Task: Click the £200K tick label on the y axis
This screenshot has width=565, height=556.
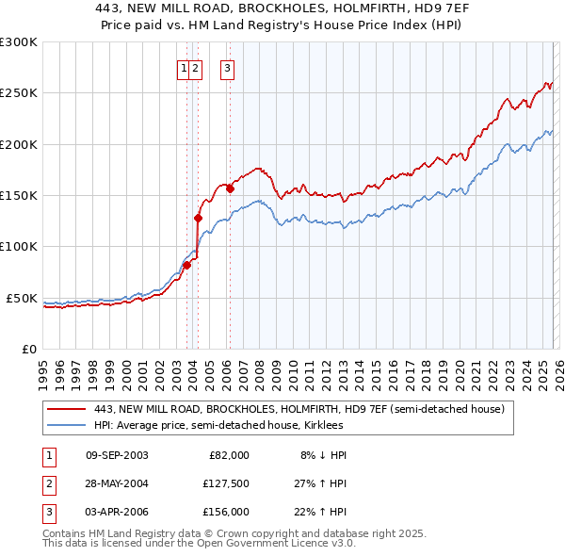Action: coord(19,144)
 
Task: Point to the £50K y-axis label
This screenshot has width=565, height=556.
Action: coord(22,298)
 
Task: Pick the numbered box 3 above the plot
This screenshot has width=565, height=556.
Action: coord(228,68)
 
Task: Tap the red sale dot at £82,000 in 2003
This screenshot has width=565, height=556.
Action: coord(187,265)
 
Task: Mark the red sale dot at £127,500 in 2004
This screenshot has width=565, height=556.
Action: coord(199,218)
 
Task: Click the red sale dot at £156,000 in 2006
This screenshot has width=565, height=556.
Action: coord(230,188)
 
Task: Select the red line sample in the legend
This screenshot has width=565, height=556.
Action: coord(68,410)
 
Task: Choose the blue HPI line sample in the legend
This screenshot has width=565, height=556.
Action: coord(68,425)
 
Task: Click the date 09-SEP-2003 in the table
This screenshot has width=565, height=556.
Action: coord(117,455)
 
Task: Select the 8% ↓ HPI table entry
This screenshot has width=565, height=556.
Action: coord(323,455)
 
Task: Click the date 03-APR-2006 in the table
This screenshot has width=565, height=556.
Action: coord(117,512)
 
